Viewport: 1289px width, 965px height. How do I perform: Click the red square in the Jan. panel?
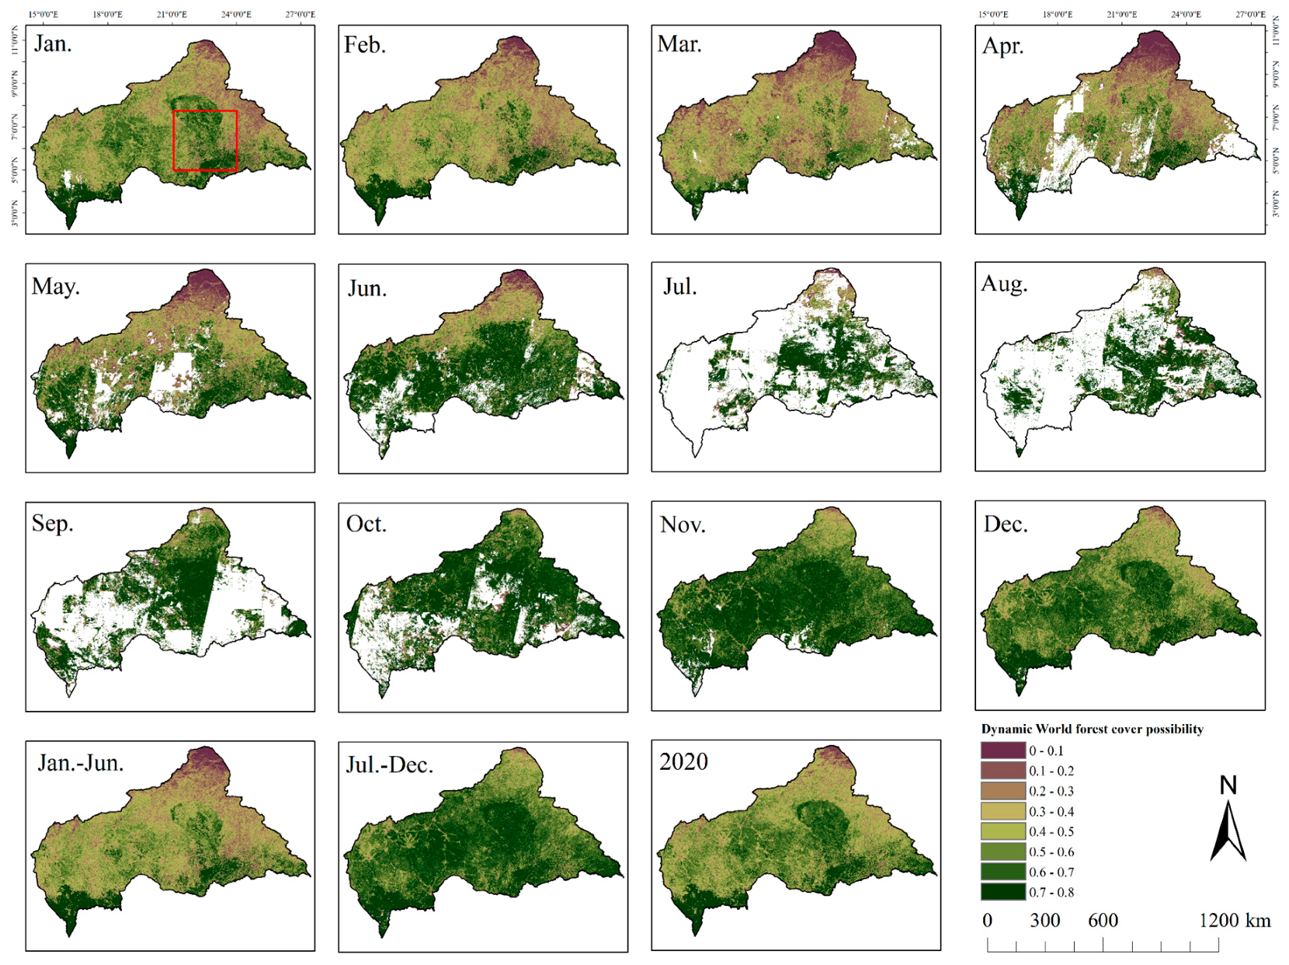(205, 141)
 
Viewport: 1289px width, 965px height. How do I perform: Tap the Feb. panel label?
(365, 45)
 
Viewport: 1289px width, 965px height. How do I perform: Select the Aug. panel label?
(1004, 284)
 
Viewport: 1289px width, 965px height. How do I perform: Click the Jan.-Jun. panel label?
(81, 763)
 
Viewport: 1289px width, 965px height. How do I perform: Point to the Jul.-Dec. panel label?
(389, 765)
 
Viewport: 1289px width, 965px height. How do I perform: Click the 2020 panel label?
(683, 762)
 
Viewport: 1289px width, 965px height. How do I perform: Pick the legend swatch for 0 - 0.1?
(1002, 751)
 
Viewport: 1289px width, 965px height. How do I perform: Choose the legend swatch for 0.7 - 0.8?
(1002, 892)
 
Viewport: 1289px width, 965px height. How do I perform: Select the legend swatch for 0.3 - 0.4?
(1002, 811)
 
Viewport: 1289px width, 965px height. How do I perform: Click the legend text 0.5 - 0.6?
(1051, 852)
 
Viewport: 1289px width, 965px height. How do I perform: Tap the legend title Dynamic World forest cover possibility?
(1092, 729)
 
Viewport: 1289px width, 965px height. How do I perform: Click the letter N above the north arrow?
(1228, 786)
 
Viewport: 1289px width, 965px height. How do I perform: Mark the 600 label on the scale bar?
(1103, 921)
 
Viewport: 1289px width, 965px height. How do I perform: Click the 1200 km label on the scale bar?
(1235, 921)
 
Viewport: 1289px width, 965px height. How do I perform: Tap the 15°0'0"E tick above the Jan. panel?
(43, 15)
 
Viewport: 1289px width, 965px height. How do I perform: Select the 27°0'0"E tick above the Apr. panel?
(1250, 15)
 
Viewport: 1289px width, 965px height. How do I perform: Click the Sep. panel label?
(53, 524)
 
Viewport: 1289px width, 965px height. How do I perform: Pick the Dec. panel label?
(1006, 524)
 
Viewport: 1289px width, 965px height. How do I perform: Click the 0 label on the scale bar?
(987, 921)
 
